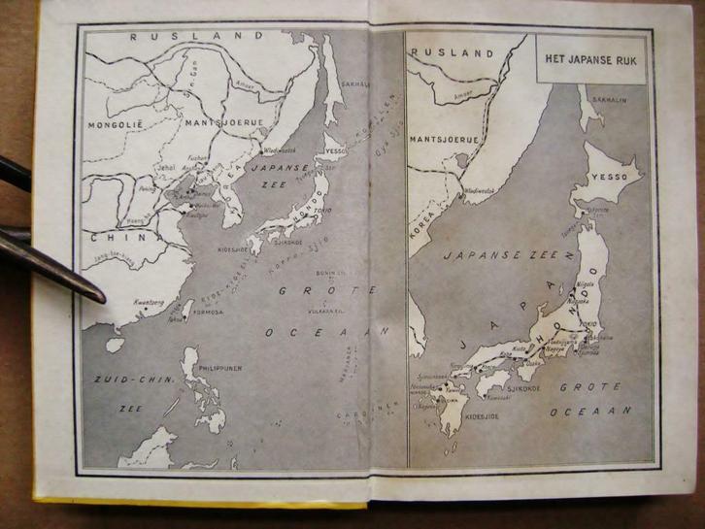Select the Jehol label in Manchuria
click(170, 167)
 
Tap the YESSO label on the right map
click(606, 182)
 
